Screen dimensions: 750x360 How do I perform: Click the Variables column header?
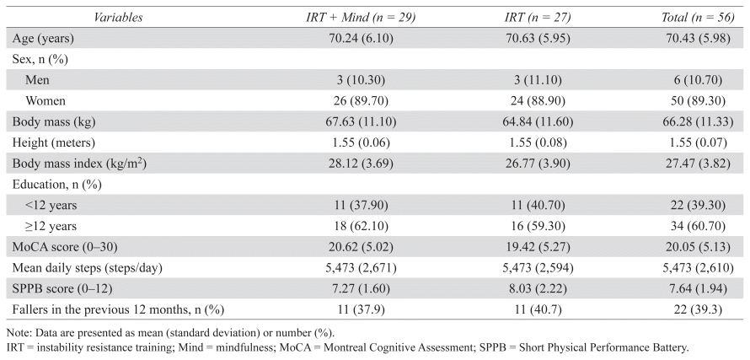click(118, 18)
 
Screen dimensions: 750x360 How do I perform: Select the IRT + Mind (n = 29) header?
click(361, 18)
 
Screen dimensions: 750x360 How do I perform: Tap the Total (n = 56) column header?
click(698, 18)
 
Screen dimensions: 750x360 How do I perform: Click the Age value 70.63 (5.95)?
click(538, 38)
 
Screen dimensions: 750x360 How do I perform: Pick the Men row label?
click(37, 79)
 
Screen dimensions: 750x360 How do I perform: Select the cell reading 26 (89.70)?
click(361, 100)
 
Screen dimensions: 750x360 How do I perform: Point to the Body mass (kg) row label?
click(54, 121)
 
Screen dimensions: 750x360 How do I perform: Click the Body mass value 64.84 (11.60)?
click(538, 121)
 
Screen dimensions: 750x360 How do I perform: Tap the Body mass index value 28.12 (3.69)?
click(361, 164)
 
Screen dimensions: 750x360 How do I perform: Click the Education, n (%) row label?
click(57, 185)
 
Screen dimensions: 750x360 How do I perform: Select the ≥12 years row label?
click(51, 226)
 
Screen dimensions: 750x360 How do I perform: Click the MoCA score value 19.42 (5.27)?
click(538, 247)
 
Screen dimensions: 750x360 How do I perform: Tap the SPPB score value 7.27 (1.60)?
click(361, 288)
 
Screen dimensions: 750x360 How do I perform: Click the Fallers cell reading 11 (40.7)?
click(538, 309)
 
